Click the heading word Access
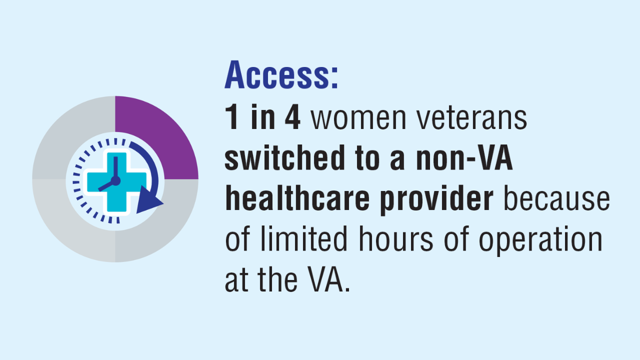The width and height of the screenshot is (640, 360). (277, 75)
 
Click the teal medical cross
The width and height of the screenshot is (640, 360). (117, 182)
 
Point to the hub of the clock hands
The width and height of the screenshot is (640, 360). (115, 181)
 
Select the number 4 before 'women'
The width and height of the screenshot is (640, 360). (292, 117)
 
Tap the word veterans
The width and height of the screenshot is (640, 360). (472, 117)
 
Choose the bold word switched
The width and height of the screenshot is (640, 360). (285, 157)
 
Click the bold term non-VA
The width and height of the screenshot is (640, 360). (464, 157)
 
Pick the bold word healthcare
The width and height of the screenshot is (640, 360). (297, 197)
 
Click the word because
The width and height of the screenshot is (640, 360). (556, 197)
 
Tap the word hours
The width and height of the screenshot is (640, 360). (395, 238)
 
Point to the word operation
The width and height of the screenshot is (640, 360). (540, 240)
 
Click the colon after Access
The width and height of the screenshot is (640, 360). (335, 77)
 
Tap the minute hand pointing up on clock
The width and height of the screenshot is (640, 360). (115, 168)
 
